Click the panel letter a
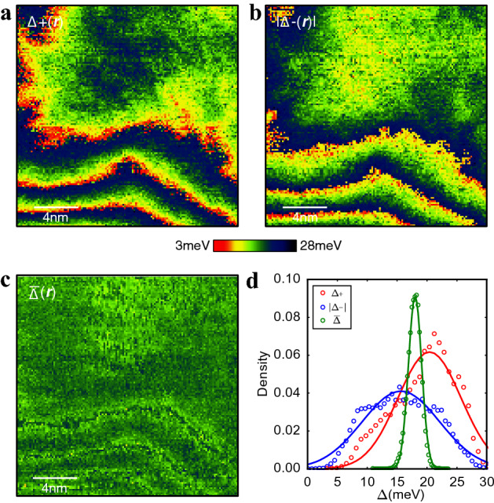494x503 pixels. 6,11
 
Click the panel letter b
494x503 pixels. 255,11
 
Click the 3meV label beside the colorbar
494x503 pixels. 192,246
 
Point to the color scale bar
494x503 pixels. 254,246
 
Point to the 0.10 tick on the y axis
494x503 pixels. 290,279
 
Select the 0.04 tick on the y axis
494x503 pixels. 290,392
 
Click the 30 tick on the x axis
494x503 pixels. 486,478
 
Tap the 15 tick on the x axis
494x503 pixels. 397,478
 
